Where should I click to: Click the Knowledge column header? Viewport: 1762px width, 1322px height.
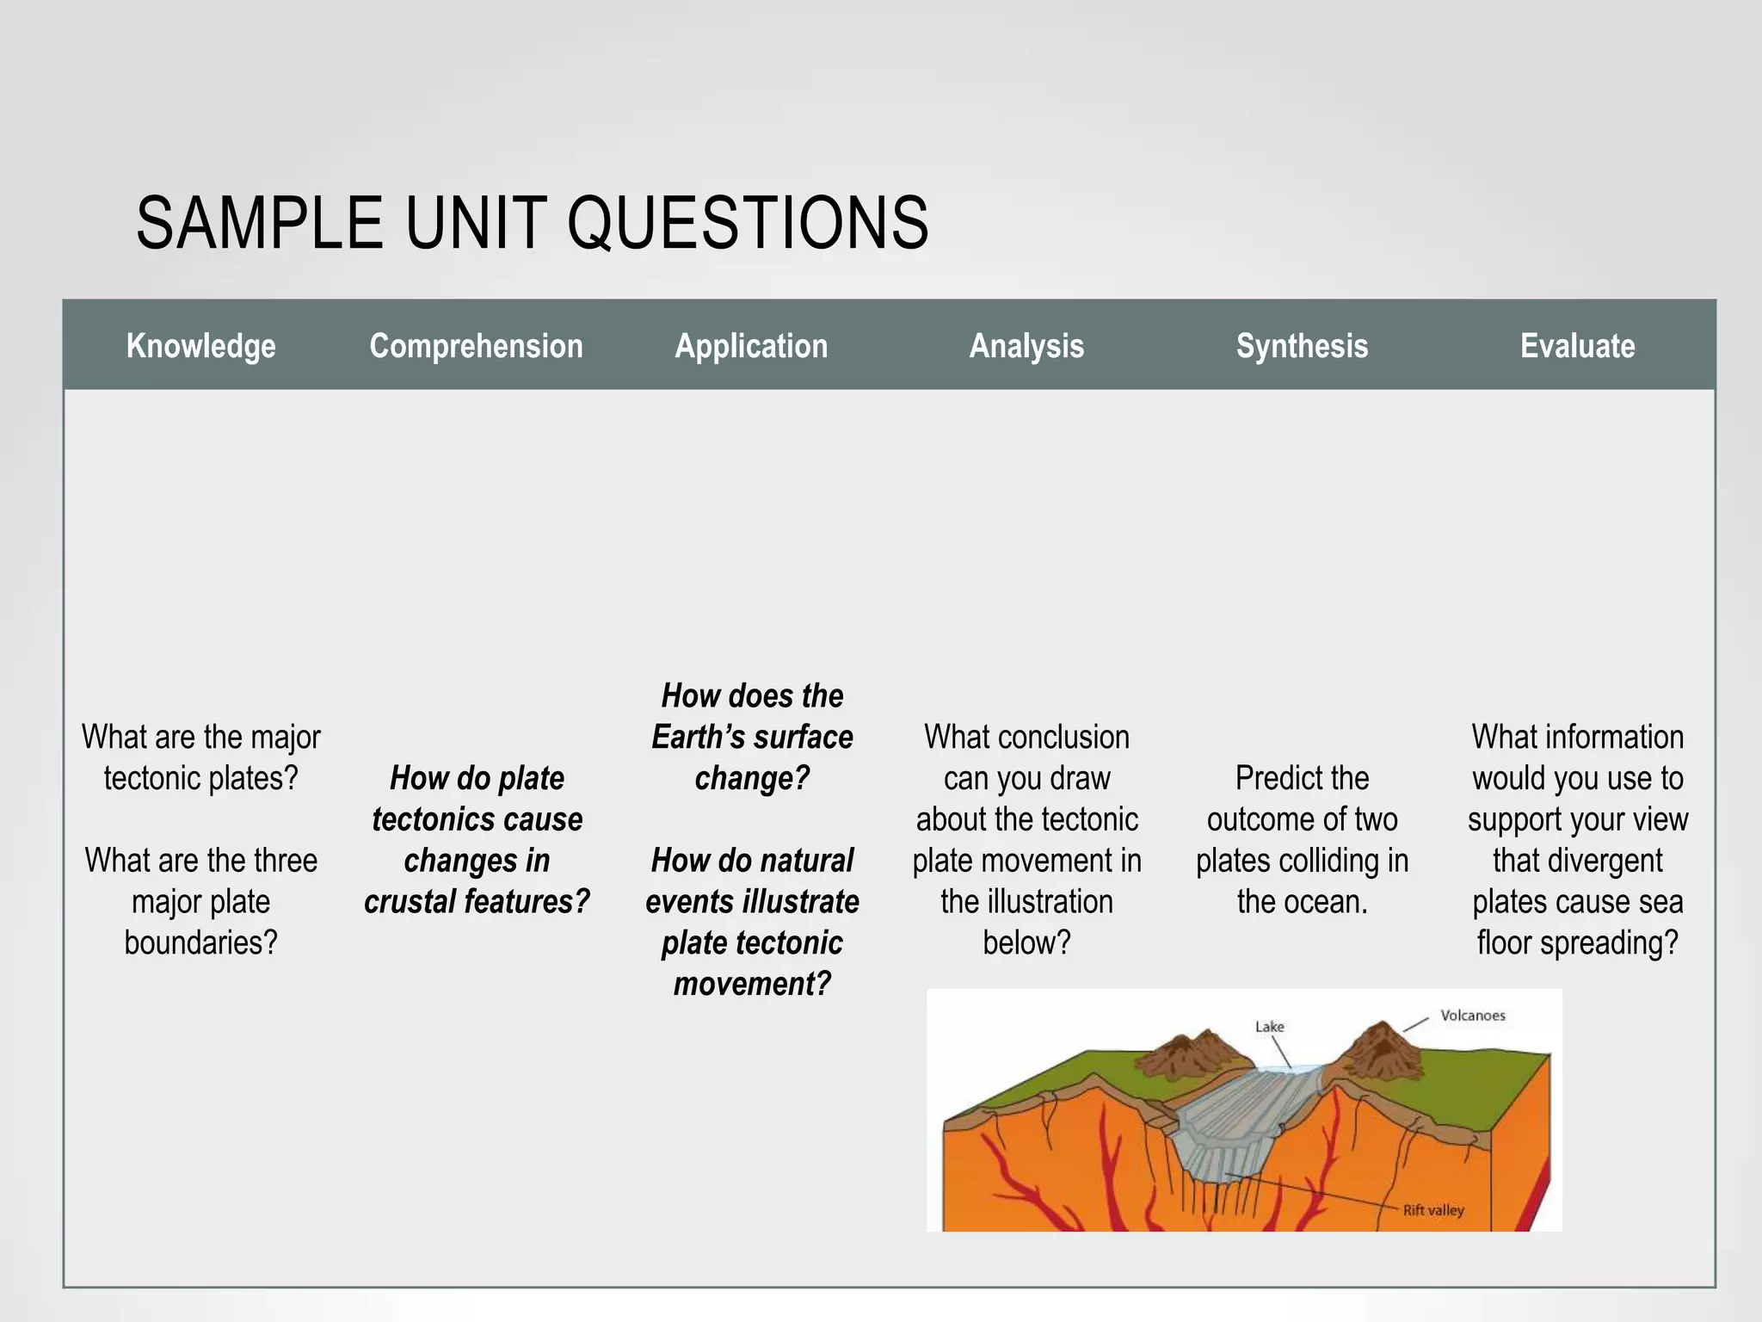pos(200,346)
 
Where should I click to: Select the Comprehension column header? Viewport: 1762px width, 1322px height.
pos(476,346)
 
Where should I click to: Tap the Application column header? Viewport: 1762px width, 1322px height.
pos(751,346)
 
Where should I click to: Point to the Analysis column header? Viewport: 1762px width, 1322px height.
pos(1026,346)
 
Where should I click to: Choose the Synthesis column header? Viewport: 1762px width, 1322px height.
pos(1302,346)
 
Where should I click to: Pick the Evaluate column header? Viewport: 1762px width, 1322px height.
pos(1577,346)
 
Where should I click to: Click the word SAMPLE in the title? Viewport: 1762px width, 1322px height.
pos(259,223)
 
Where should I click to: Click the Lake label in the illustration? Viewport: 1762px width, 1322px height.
pos(1269,1027)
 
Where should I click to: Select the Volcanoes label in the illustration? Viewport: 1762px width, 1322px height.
pos(1473,1016)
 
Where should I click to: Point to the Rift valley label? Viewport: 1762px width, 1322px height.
pos(1433,1210)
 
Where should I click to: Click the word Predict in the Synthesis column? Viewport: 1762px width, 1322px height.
pos(1302,778)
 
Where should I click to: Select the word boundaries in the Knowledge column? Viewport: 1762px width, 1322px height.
pos(200,942)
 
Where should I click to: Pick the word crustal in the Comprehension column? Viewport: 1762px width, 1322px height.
pos(410,901)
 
